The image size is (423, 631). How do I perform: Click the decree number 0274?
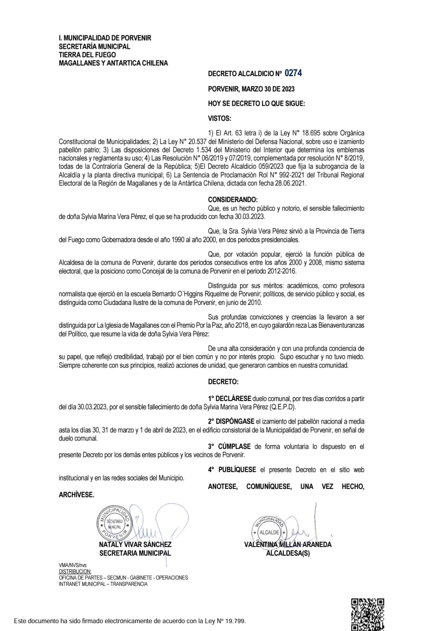293,73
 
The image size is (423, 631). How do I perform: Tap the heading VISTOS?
220,118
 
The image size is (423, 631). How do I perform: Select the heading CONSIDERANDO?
233,200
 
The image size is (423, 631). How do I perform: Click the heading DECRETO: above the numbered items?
223,382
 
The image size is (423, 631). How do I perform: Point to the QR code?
368,614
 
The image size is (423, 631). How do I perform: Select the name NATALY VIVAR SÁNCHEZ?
135,545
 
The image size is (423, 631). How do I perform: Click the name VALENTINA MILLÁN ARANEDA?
288,545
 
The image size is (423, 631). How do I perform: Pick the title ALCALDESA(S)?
288,553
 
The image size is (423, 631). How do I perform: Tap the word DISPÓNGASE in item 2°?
235,422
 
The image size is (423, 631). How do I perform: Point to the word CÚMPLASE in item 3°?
234,446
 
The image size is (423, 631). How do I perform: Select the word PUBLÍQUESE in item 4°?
237,470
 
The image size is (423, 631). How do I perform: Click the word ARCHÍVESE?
76,495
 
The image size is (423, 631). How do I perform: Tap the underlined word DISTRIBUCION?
75,571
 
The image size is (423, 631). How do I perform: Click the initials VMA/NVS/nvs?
72,565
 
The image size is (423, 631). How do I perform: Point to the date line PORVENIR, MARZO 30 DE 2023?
251,89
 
